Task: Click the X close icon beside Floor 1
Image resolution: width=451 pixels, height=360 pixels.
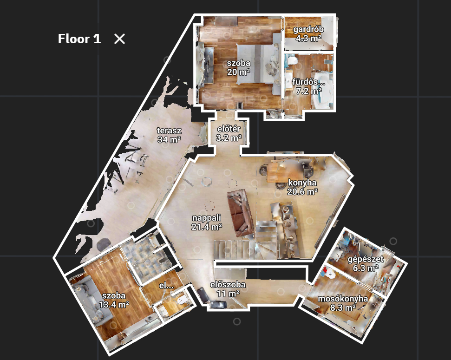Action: [x=119, y=39]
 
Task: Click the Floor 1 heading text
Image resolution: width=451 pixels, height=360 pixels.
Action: [x=79, y=39]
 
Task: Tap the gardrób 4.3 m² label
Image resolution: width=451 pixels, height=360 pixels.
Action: [x=308, y=33]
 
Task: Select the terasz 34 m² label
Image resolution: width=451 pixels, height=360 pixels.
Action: [x=169, y=135]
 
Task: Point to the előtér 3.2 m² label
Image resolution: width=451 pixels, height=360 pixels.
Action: [x=229, y=133]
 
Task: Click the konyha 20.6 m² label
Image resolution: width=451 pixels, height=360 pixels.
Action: [x=302, y=187]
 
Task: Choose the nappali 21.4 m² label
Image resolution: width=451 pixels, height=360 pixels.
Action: [x=207, y=222]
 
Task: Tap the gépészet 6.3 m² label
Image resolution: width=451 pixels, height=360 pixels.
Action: [x=366, y=263]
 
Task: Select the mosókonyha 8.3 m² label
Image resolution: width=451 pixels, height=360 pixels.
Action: [x=343, y=303]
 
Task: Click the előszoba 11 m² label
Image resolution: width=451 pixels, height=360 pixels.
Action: [x=228, y=289]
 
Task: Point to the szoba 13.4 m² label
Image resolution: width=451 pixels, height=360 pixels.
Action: [x=114, y=300]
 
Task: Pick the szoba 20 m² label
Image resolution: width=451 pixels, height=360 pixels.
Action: [x=238, y=68]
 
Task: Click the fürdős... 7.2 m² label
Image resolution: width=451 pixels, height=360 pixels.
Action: [x=308, y=86]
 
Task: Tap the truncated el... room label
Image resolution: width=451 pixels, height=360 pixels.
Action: [x=166, y=286]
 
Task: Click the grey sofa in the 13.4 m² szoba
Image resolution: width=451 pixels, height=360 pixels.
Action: [x=92, y=301]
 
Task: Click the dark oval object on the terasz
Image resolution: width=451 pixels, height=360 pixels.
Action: [x=103, y=244]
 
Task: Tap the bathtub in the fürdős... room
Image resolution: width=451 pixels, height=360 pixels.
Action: [x=321, y=92]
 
